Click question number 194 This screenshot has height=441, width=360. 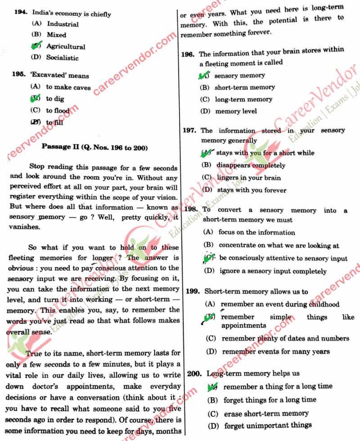(x=21, y=13)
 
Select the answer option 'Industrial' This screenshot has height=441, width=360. (x=63, y=24)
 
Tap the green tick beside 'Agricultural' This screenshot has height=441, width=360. (x=36, y=46)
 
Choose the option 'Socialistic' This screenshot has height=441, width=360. (x=62, y=58)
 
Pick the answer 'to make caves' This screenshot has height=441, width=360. (x=68, y=87)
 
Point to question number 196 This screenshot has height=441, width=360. (x=188, y=54)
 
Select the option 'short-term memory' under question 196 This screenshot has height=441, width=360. (x=244, y=87)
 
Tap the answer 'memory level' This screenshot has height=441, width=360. (x=236, y=111)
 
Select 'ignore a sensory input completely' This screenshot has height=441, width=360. (x=273, y=271)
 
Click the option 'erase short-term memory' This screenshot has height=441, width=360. (x=266, y=413)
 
